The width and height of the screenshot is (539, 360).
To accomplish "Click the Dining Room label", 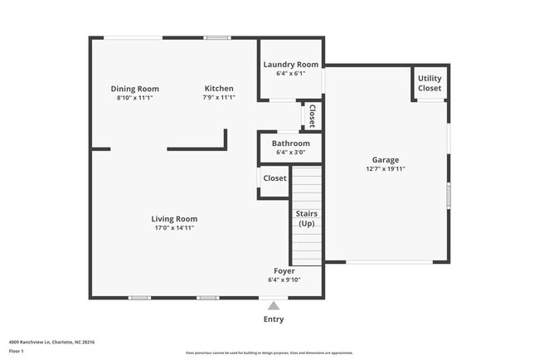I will (134, 89).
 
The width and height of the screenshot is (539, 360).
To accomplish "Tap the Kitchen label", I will (219, 89).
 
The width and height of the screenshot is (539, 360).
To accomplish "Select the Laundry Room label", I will (290, 65).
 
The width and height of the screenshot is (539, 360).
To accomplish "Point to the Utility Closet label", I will (430, 83).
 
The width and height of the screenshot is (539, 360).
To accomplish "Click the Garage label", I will (385, 160).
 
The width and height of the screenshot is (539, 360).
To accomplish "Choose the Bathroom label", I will (290, 144).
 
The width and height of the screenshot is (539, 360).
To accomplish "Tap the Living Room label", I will (173, 219).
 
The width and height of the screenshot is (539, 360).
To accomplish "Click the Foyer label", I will (284, 271).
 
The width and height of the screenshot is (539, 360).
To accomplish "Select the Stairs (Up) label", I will (306, 218).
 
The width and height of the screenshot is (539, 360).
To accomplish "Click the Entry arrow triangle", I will (273, 305).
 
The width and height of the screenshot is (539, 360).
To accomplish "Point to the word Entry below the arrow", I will (273, 319).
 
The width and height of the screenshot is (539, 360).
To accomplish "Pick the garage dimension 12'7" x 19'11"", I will (385, 168).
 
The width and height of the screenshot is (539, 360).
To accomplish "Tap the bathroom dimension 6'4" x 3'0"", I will (290, 152).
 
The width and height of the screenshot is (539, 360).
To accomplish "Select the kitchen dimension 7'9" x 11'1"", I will (219, 97).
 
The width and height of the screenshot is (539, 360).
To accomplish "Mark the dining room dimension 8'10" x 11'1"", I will (134, 97).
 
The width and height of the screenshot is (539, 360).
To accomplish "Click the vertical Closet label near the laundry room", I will (312, 116).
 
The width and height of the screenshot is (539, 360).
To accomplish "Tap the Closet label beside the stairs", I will (274, 178).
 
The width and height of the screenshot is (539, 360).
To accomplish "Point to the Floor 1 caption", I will (17, 351).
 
